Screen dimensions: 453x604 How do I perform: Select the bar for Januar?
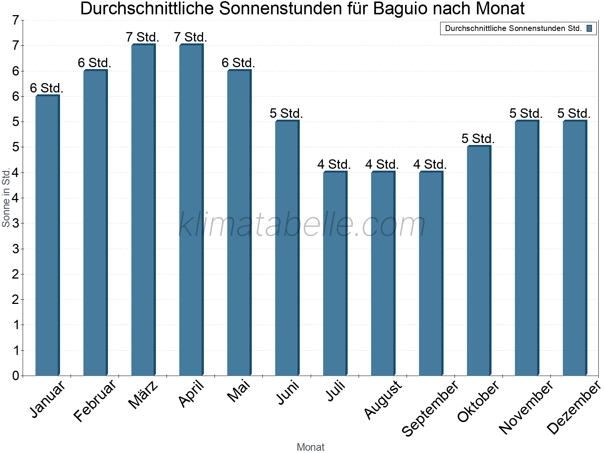pos(47,236)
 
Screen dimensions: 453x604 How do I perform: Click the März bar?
pos(143,210)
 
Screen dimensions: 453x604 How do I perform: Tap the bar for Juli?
pos(335,274)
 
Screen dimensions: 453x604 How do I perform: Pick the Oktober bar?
pos(479,261)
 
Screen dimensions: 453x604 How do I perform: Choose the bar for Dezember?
pos(575,248)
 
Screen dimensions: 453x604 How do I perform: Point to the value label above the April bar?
pos(191,37)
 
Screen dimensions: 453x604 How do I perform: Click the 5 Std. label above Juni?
pos(287,113)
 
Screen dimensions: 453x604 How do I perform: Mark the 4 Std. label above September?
pos(430,165)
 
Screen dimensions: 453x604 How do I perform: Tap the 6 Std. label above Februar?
pos(95,63)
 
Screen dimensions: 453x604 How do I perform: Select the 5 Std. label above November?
pos(526,113)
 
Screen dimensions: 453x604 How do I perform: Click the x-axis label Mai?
pos(239,391)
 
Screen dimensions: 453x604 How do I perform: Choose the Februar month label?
pos(95,401)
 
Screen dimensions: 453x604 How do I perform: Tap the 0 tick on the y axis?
pos(15,376)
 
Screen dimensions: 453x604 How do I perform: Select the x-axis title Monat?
pos(310,447)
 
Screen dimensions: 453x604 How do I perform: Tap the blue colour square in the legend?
pos(589,28)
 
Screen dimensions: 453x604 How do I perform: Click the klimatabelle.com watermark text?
pos(302,225)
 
